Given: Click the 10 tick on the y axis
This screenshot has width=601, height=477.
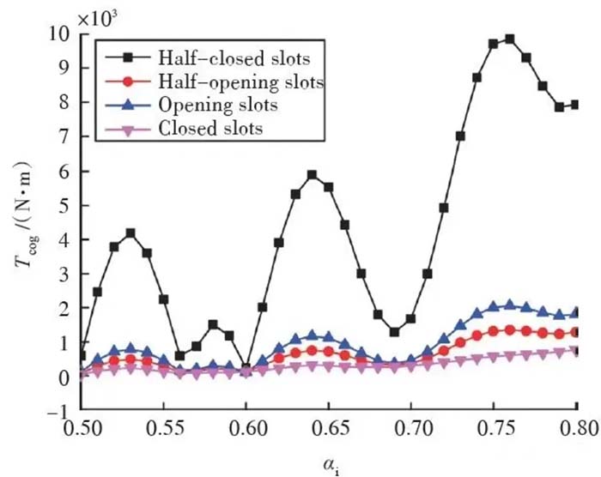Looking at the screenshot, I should pyautogui.click(x=61, y=34).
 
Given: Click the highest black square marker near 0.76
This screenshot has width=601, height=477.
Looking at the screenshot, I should pyautogui.click(x=510, y=39).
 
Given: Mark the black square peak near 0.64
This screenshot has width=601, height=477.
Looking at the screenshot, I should pyautogui.click(x=313, y=175).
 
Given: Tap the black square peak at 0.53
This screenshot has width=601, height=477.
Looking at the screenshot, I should pyautogui.click(x=131, y=233).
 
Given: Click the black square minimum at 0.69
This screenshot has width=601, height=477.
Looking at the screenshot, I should pyautogui.click(x=394, y=332).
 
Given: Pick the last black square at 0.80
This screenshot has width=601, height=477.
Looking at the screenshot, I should pyautogui.click(x=575, y=105).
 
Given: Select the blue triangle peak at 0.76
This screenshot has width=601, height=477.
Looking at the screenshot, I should pyautogui.click(x=510, y=305).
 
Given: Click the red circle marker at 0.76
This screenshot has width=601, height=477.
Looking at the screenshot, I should pyautogui.click(x=510, y=329).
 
